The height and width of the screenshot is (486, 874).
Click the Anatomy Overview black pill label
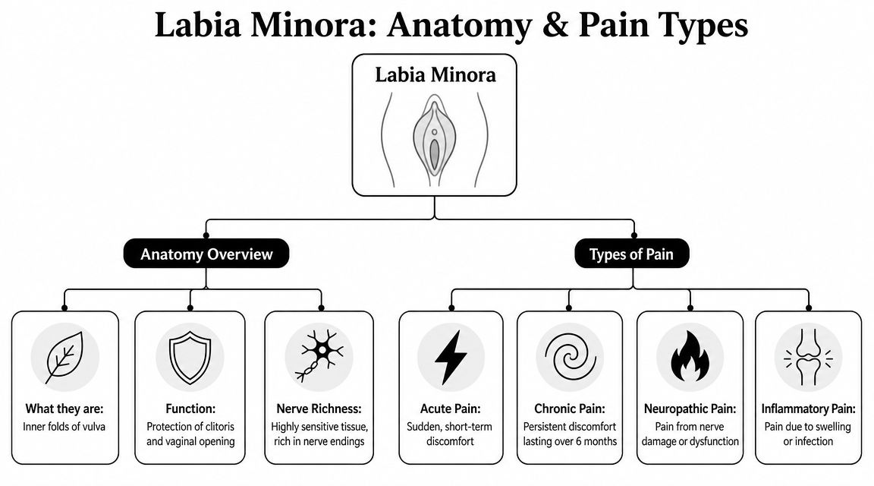tap(206, 254)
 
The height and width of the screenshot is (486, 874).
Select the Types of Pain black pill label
tap(631, 254)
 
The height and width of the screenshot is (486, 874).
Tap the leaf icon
tap(64, 357)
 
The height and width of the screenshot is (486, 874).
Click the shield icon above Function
tap(190, 357)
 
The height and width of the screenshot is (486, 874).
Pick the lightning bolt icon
tap(451, 357)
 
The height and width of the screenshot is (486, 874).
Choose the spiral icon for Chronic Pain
tap(570, 357)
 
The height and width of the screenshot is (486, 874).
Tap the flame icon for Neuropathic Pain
tap(690, 356)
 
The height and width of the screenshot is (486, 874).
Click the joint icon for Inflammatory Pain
tap(808, 357)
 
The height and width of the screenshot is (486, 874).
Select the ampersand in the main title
tap(555, 25)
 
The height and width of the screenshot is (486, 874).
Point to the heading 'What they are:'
tap(64, 409)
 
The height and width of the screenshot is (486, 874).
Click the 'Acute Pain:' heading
tap(451, 409)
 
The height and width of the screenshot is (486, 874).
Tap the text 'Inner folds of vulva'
tap(64, 427)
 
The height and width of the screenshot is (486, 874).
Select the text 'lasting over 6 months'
tap(570, 441)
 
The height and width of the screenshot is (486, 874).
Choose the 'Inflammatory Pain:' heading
tap(808, 409)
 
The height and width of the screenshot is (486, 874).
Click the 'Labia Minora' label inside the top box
tap(435, 74)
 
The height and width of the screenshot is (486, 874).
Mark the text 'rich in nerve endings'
tap(319, 441)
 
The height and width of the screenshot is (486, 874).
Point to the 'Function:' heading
tap(190, 409)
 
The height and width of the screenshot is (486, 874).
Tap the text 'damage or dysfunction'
tap(690, 441)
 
